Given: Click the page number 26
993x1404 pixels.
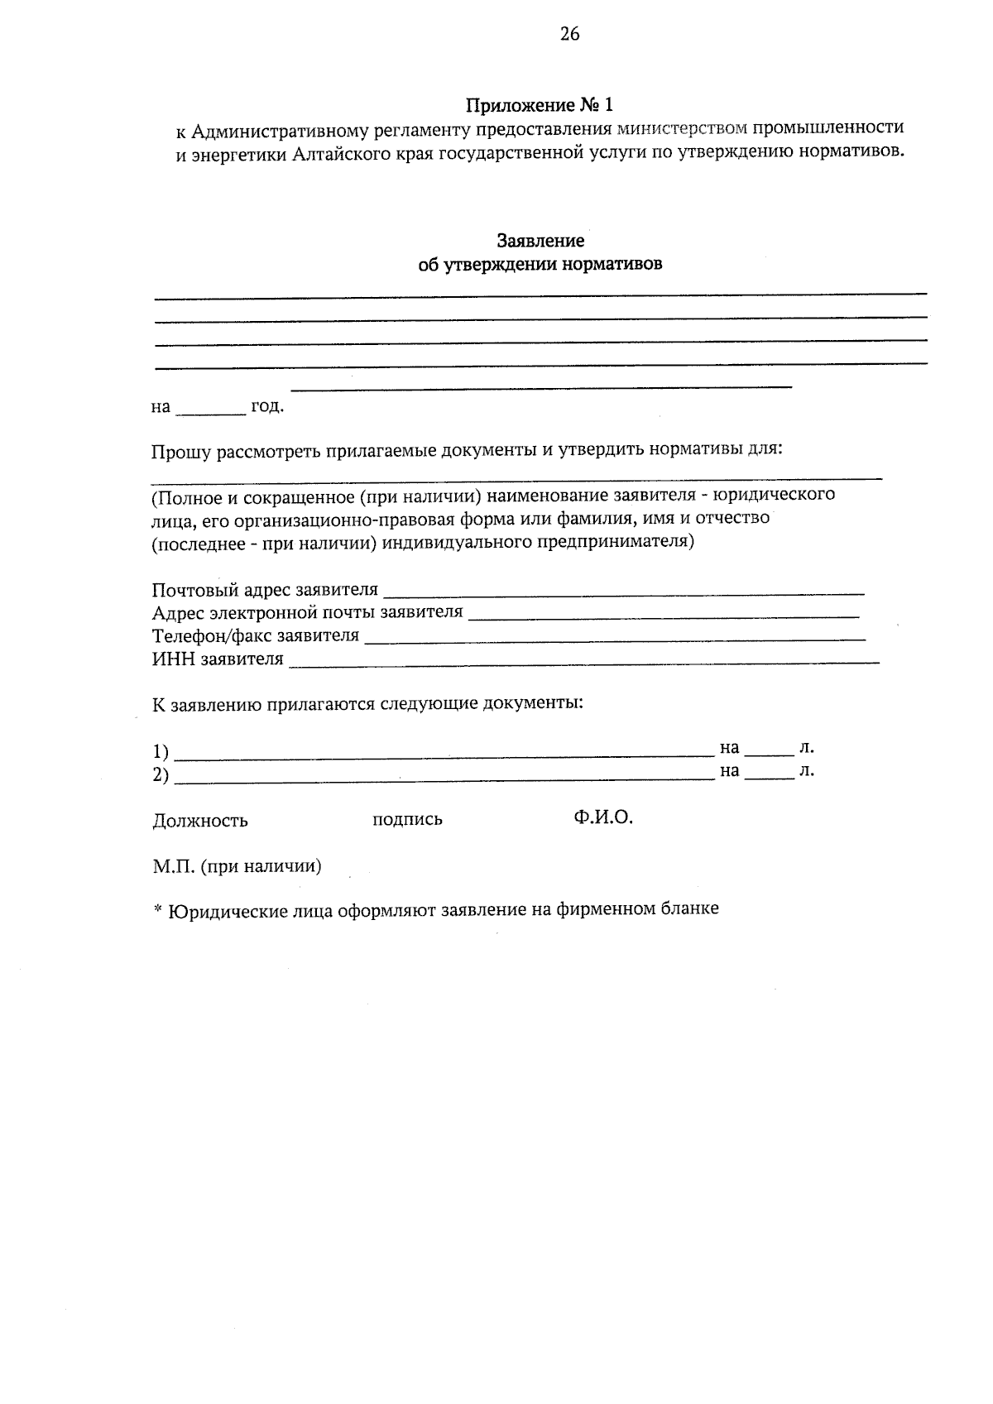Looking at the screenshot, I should pyautogui.click(x=570, y=34).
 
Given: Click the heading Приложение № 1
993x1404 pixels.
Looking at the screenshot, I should pyautogui.click(x=540, y=106).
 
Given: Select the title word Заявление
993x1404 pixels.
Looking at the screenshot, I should pyautogui.click(x=540, y=241).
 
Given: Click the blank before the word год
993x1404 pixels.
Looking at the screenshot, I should pyautogui.click(x=211, y=409).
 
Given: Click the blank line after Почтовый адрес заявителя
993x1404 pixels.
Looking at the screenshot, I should pyautogui.click(x=625, y=591).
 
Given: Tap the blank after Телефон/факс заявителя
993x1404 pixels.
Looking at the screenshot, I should pyautogui.click(x=615, y=637).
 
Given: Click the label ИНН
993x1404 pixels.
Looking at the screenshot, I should pyautogui.click(x=170, y=659).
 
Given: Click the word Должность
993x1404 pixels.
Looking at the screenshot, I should pyautogui.click(x=200, y=821).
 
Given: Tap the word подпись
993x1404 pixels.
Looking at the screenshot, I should pyautogui.click(x=407, y=820).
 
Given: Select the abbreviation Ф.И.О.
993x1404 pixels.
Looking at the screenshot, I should pyautogui.click(x=602, y=818).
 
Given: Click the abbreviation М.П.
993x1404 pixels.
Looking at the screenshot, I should pyautogui.click(x=173, y=866).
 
